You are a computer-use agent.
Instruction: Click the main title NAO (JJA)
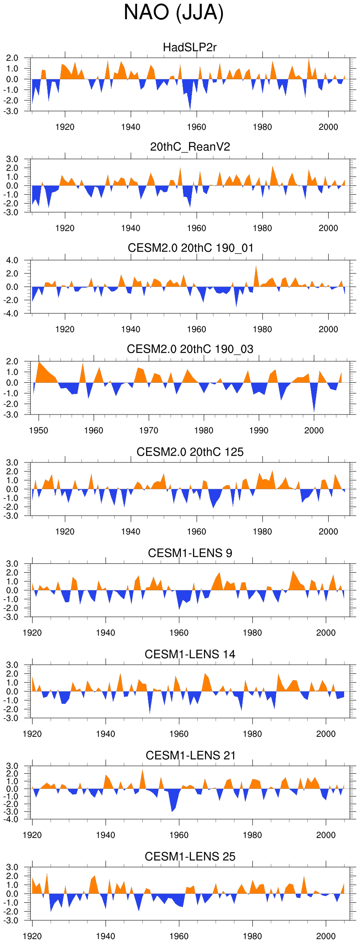(174, 13)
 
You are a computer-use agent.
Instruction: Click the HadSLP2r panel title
(190, 47)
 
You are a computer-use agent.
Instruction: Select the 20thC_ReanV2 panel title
(190, 147)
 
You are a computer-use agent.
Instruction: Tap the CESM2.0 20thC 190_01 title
(190, 248)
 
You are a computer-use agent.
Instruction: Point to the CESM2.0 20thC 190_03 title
(190, 349)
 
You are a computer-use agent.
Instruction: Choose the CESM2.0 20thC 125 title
(190, 452)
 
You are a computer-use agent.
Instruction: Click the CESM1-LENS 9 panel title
(190, 553)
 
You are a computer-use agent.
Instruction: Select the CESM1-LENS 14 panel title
(190, 654)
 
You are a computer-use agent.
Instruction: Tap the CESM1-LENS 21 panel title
(190, 755)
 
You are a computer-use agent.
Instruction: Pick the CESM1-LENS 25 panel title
(190, 856)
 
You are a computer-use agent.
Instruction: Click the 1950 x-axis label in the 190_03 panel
(39, 430)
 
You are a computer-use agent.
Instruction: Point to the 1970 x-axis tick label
(149, 430)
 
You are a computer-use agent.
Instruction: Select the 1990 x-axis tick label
(259, 430)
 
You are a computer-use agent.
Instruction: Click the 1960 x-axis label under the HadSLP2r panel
(196, 127)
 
